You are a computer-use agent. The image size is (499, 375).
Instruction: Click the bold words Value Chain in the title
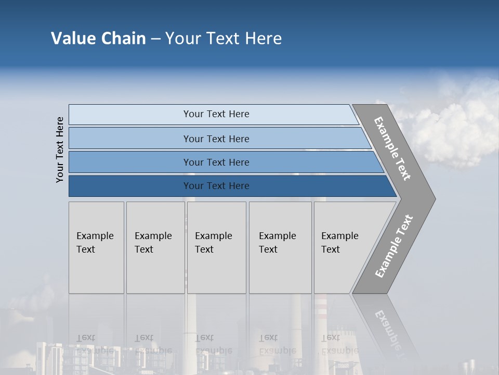point(98,39)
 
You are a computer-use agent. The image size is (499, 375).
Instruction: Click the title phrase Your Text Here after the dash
point(223,39)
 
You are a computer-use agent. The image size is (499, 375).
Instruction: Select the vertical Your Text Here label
point(60,149)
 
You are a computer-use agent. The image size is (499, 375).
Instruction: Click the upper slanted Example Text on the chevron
point(392,148)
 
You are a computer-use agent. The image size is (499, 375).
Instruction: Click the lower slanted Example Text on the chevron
point(393,246)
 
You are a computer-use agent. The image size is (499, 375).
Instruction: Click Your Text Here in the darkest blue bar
point(216,186)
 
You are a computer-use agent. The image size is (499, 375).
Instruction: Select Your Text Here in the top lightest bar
point(216,114)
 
